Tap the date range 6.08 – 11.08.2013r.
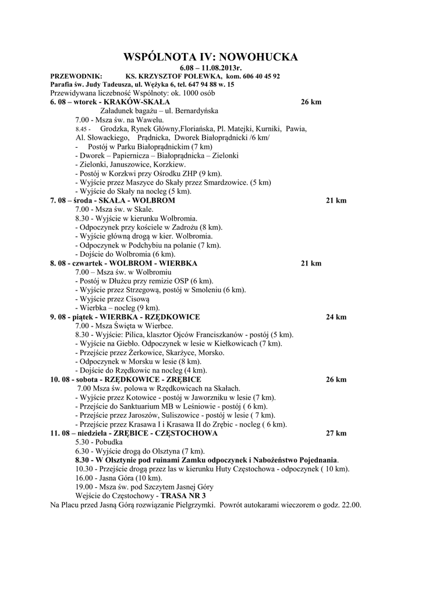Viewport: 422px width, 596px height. tap(211, 68)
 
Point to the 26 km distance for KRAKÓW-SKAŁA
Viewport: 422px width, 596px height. tap(311, 102)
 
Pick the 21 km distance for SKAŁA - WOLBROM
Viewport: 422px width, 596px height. tap(336, 200)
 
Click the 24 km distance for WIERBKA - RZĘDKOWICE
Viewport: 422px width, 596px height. tap(336, 317)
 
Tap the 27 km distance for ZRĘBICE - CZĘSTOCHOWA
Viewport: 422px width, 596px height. tap(336, 434)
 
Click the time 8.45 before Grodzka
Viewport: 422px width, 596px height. tap(83, 128)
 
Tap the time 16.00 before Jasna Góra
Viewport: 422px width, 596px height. tap(84, 477)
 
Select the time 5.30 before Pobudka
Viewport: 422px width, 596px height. tap(82, 442)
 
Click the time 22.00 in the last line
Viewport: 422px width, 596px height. tap(352, 505)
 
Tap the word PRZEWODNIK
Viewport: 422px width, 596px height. tap(76, 76)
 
